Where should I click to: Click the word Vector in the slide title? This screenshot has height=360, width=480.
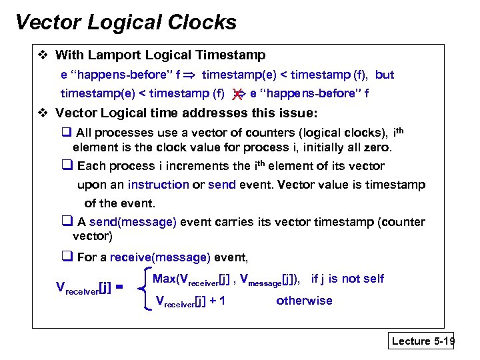pos(47,23)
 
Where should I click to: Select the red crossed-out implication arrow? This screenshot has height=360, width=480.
pos(238,94)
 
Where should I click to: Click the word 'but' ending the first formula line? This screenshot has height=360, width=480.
pos(385,75)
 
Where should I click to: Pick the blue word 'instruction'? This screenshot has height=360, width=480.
pos(158,185)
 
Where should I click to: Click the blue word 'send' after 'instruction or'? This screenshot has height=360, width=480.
pos(222,185)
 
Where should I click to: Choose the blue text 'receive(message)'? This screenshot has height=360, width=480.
pos(160,257)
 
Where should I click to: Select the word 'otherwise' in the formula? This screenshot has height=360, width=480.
pos(304,301)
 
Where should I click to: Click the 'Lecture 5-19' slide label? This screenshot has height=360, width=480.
pos(423,341)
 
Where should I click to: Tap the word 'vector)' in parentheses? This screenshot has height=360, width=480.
pos(93,236)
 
